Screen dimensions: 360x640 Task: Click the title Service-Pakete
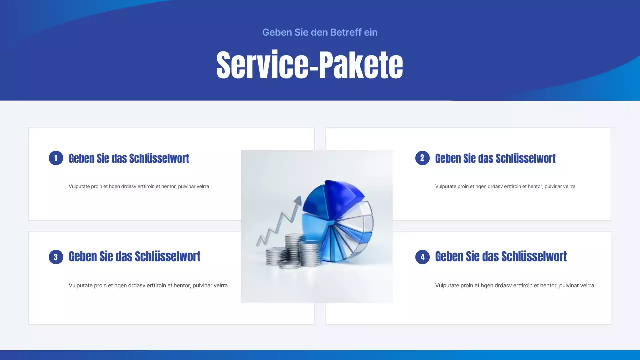[x=309, y=65]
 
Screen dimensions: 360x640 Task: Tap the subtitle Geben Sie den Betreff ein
[x=320, y=32]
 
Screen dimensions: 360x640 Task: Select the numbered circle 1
[x=56, y=158]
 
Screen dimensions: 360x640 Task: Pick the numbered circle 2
[x=422, y=158]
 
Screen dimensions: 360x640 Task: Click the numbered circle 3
[x=56, y=257]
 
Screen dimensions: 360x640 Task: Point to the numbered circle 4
[x=422, y=257]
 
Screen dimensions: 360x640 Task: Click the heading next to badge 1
[x=129, y=158]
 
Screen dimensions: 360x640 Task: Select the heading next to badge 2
[x=495, y=158]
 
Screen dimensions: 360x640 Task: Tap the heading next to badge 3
[x=134, y=257]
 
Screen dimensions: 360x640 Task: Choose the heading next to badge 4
[x=501, y=257]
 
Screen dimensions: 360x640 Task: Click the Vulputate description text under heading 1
[x=139, y=186]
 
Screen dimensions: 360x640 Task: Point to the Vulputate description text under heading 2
[x=505, y=186]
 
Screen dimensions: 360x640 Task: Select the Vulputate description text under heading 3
[x=148, y=286]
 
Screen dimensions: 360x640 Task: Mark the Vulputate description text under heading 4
[x=515, y=286]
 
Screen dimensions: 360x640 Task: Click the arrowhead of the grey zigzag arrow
[x=298, y=200]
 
